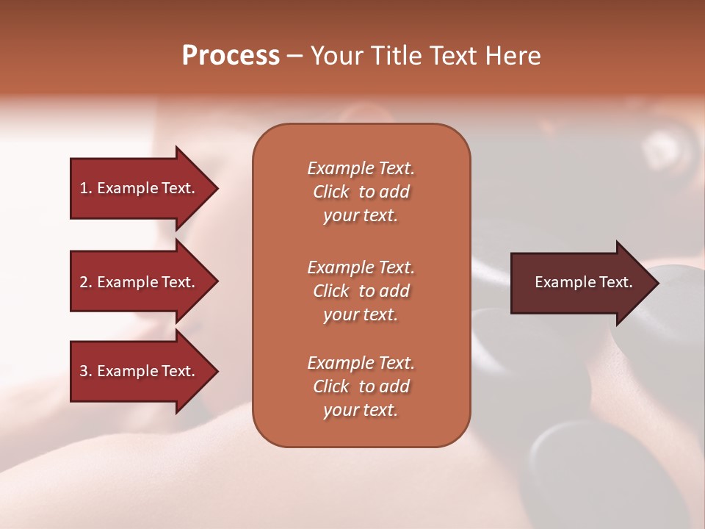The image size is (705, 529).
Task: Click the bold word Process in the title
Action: coord(231,56)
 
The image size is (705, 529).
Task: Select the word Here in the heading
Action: coord(513,56)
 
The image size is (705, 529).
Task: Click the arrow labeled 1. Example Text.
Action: coord(138,188)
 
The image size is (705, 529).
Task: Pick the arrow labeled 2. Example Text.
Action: coord(138,282)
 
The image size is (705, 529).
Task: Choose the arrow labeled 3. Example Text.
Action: coord(138,371)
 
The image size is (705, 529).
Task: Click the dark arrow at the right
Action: coord(580,283)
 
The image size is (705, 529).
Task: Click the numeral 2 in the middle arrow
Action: coord(84,282)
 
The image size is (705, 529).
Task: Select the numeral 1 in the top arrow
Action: coord(84,188)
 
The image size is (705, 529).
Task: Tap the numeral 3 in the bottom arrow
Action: coord(84,371)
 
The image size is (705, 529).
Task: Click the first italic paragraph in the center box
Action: coord(361,192)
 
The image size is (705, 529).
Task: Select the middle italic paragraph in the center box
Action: coord(361,291)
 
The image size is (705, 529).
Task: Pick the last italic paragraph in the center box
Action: coord(361,386)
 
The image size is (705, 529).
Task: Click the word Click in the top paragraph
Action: coord(331,192)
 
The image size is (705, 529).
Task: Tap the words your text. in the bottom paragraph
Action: coord(361,410)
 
